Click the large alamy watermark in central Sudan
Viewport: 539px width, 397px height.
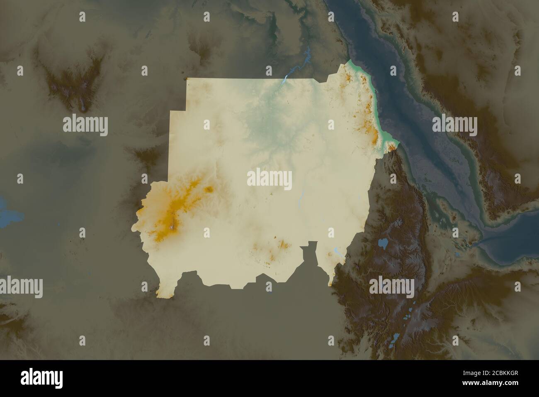pyautogui.click(x=269, y=179)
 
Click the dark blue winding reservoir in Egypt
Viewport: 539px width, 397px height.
pyautogui.click(x=307, y=54)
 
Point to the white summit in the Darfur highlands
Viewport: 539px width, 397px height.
pyautogui.click(x=172, y=227)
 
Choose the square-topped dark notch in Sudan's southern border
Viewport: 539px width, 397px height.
pyautogui.click(x=308, y=249)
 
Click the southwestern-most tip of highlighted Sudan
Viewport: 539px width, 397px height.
pyautogui.click(x=158, y=295)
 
